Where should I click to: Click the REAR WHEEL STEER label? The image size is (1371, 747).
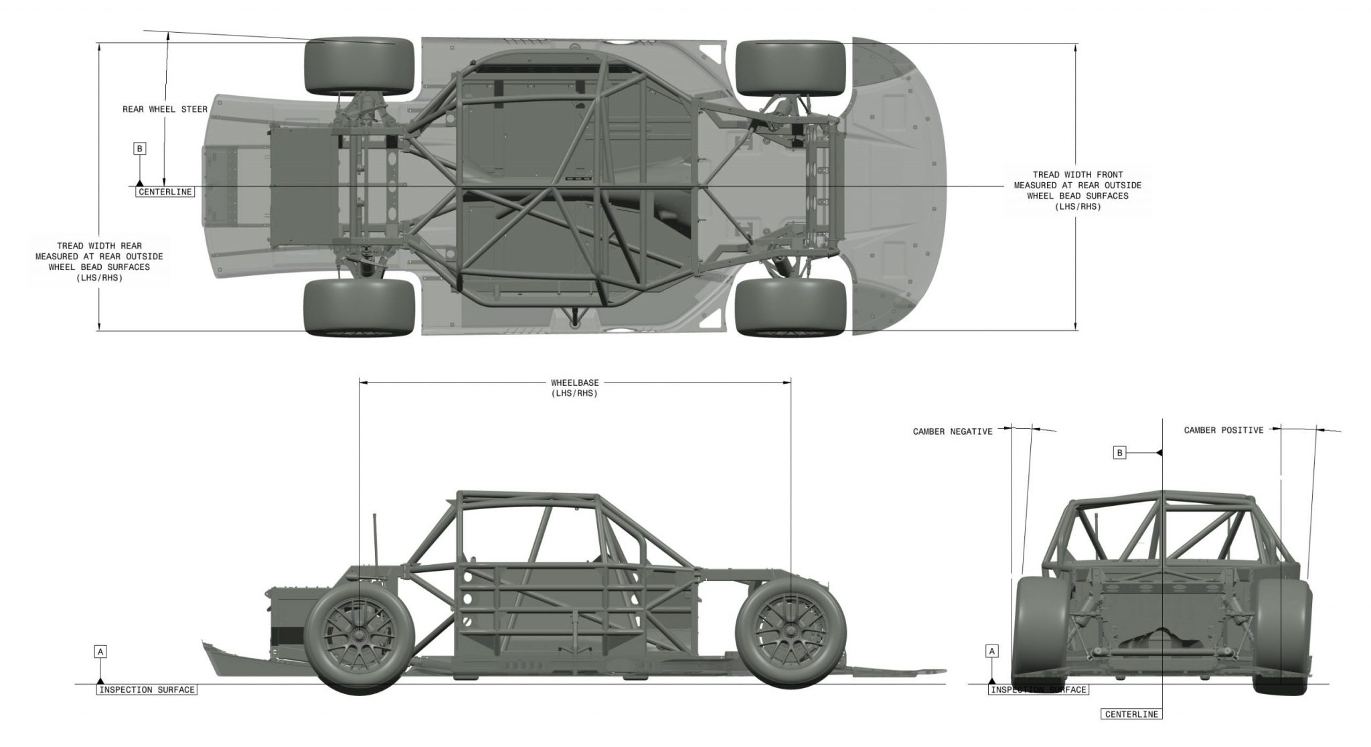(165, 109)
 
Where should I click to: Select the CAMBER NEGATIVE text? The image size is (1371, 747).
(952, 431)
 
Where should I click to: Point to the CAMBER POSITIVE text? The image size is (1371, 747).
(1223, 430)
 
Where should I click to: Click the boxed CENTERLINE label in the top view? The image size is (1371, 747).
(165, 192)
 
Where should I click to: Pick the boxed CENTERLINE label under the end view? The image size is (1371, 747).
(1131, 714)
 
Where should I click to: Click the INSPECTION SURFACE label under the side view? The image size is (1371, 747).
(147, 689)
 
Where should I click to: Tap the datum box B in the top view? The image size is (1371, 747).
(140, 149)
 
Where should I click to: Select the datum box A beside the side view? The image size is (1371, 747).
(100, 651)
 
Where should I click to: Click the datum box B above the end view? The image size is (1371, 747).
(1119, 453)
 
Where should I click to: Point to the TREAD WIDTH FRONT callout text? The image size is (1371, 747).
(1077, 191)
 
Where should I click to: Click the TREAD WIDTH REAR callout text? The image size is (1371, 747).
(99, 262)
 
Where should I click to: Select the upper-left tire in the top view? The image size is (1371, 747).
(359, 66)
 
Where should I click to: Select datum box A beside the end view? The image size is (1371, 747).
(993, 651)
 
